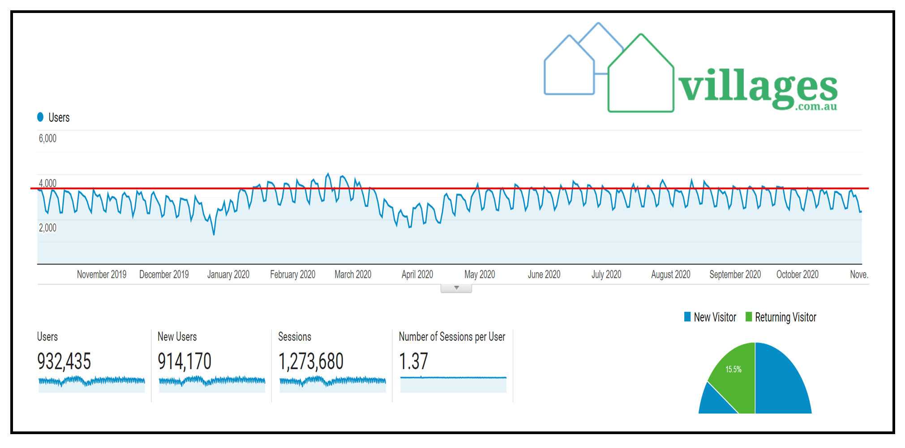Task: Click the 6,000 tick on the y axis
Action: click(x=47, y=139)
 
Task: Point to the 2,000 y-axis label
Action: click(x=47, y=228)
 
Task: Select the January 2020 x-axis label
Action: click(x=228, y=274)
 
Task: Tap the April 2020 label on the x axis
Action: click(x=417, y=274)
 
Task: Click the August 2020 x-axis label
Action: click(x=670, y=274)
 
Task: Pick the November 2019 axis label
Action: click(x=102, y=274)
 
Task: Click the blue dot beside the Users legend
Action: click(x=40, y=117)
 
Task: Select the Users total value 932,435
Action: click(x=64, y=361)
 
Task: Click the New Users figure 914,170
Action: click(x=184, y=361)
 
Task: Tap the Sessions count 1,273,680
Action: click(x=311, y=361)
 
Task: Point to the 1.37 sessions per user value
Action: click(x=413, y=361)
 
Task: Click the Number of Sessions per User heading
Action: click(x=452, y=337)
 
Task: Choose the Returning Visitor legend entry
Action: click(x=781, y=317)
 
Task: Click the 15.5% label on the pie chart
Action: click(x=733, y=369)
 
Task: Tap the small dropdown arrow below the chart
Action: click(x=456, y=288)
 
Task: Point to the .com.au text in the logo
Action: click(x=816, y=107)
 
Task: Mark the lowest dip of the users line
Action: click(x=214, y=234)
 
